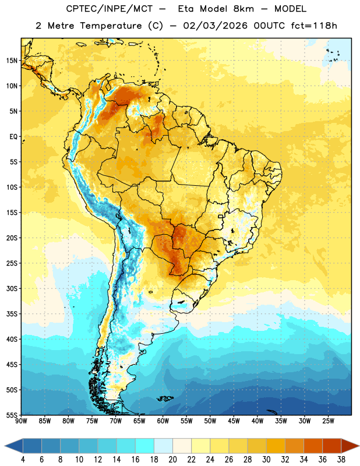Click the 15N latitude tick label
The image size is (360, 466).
coord(12,61)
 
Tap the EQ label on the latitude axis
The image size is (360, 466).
coord(13,137)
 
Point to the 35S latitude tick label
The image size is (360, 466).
coord(12,314)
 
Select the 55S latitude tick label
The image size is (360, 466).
coord(12,415)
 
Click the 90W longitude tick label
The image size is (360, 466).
coord(21,421)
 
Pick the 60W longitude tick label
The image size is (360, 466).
coord(163,421)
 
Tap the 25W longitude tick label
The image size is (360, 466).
coord(328,421)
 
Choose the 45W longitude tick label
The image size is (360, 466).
coord(234,421)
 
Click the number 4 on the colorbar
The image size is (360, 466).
coord(23,460)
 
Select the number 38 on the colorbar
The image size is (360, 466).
coord(341,460)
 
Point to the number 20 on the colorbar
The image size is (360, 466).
coord(172,460)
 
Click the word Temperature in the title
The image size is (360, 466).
coord(111,26)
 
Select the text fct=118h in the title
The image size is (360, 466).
coord(314,26)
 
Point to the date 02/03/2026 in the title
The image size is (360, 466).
coord(215,26)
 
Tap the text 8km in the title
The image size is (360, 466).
coord(243,9)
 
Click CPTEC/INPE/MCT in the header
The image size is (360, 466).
coord(110,9)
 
